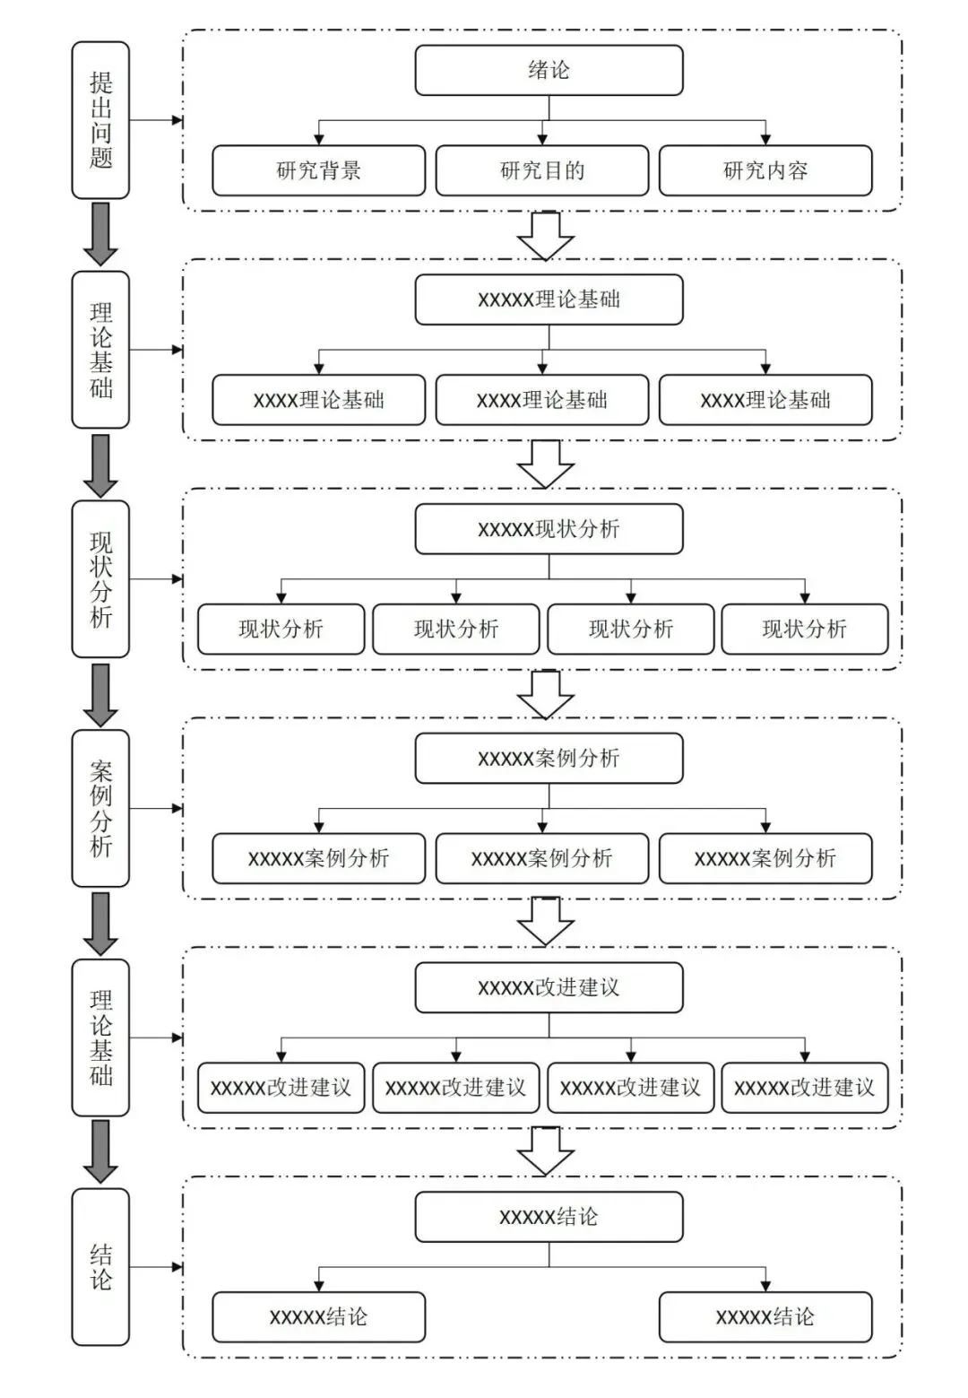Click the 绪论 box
(549, 70)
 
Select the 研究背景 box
(319, 170)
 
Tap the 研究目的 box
(542, 170)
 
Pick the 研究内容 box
(765, 170)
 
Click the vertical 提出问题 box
(100, 120)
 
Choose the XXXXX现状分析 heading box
(549, 528)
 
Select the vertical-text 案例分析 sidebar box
(100, 808)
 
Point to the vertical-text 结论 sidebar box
(100, 1267)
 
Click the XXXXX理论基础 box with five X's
(549, 300)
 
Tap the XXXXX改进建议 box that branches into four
(549, 987)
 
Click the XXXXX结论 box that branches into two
(549, 1217)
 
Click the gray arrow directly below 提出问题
(100, 233)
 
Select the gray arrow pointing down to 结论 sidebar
(100, 1151)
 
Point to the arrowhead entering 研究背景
(319, 139)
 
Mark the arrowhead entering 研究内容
(765, 139)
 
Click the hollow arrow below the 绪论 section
(546, 236)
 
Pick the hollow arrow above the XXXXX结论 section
(546, 1152)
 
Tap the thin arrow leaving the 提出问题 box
(156, 120)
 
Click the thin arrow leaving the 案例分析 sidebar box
(156, 808)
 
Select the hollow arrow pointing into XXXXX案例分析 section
(546, 694)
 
